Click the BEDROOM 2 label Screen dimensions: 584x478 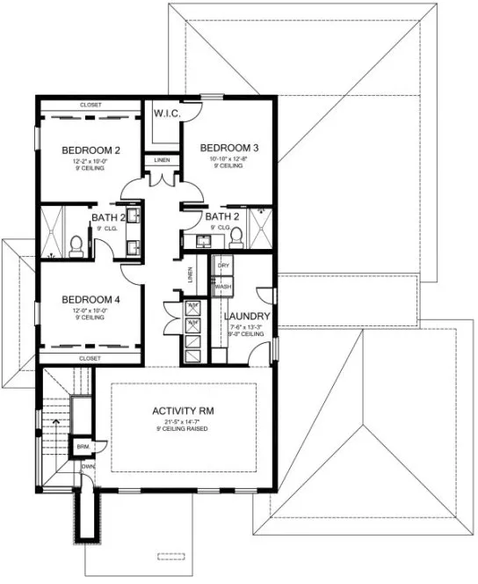91,150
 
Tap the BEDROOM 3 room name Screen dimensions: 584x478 228,147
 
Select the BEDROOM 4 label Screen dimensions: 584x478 91,299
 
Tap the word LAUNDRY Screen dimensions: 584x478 246,317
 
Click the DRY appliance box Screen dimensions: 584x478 223,265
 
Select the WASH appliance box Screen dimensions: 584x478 223,287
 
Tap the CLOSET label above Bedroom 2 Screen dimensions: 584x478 91,105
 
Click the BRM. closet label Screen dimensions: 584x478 83,446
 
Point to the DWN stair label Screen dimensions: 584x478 89,467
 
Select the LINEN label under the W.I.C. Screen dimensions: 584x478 163,161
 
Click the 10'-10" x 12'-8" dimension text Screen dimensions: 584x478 228,158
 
